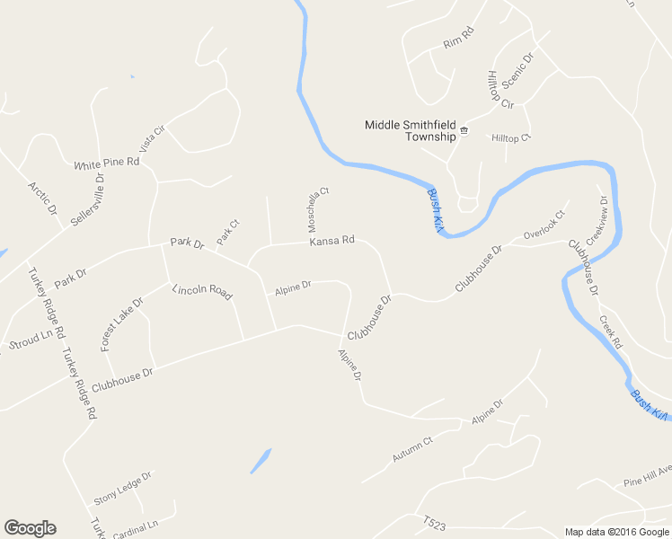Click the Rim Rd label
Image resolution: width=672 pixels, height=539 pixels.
click(458, 43)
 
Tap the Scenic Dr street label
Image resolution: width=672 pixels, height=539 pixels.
click(517, 70)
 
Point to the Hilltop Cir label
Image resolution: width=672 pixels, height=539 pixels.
click(500, 90)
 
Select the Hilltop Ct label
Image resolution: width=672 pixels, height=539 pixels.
click(511, 137)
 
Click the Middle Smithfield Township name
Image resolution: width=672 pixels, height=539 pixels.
click(411, 130)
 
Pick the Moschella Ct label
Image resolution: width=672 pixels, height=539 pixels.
click(319, 210)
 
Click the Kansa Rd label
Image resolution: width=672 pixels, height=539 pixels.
click(332, 241)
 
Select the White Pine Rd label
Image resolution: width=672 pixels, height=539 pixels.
click(107, 164)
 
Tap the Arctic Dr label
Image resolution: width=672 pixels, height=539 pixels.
click(42, 199)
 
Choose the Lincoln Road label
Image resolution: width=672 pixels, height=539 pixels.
click(202, 291)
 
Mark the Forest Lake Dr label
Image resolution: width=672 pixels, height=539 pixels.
click(122, 324)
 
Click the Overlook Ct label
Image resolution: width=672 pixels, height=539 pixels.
click(544, 225)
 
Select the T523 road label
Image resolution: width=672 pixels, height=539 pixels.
click(435, 523)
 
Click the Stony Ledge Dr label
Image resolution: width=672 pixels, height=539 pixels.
click(124, 488)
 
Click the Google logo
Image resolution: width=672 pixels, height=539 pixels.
click(30, 527)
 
